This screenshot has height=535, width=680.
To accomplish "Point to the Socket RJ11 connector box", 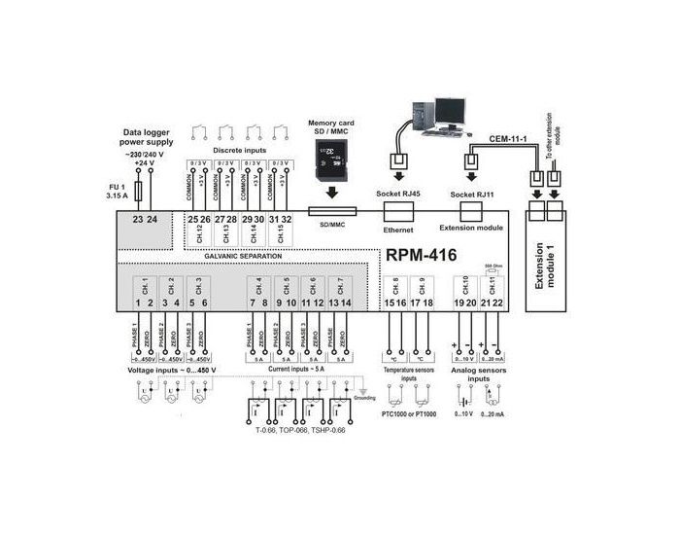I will point(471,210).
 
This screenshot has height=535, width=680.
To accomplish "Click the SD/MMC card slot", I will point(332,210).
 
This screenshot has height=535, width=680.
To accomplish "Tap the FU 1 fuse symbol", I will point(143,187).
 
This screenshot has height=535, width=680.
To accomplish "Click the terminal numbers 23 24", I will point(145,220).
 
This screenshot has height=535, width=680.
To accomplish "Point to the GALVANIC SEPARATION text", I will point(243,256).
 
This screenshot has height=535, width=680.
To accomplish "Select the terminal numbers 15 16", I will point(394,303).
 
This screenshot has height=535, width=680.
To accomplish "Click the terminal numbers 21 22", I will point(493,303).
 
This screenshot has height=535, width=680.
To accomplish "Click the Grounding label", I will point(364,398).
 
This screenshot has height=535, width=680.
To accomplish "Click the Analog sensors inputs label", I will point(478,375).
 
